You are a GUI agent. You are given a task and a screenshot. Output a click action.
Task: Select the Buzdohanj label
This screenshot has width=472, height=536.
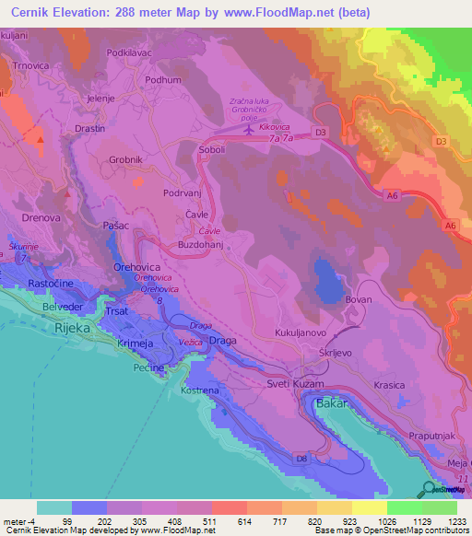point(204,247)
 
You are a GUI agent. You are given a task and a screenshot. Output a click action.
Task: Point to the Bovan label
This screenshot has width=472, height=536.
point(358,300)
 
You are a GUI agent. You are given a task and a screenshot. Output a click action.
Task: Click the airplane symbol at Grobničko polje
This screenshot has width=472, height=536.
point(247,130)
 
